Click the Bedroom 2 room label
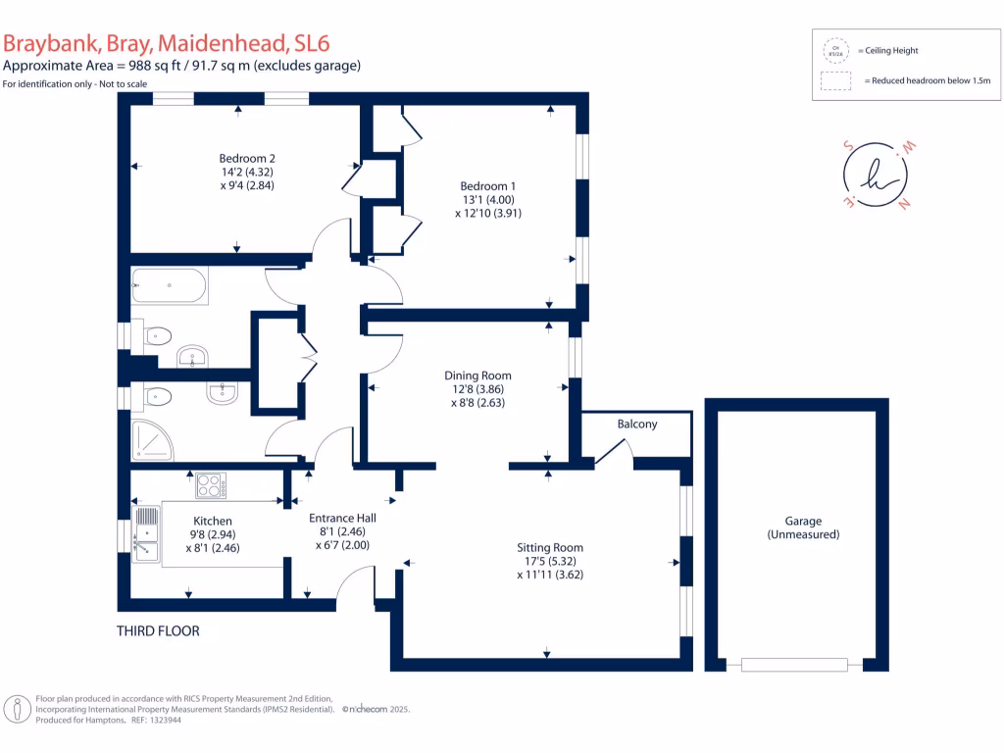point(246,158)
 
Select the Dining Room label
point(477,376)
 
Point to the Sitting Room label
point(550,548)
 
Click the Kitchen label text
point(213,521)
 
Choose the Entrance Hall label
point(342,519)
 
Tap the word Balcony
point(637,425)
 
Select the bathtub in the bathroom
point(170,285)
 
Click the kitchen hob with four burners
point(211,485)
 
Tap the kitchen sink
point(147,535)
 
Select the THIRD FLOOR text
point(158,631)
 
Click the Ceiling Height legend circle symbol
point(835,50)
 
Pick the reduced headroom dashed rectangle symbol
point(835,82)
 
